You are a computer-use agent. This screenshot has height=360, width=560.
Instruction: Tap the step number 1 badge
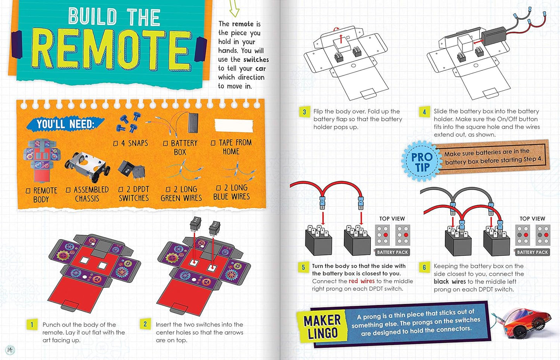click(32, 325)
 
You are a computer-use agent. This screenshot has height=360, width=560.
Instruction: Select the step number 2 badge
click(145, 324)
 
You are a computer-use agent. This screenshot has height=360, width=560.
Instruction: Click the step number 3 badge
click(304, 112)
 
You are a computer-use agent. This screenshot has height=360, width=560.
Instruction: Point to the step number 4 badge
click(424, 112)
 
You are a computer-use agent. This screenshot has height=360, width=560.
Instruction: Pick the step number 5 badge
click(303, 267)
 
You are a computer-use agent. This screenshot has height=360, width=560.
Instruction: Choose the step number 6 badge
click(424, 267)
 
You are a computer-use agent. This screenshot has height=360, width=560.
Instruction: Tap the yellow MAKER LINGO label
click(322, 327)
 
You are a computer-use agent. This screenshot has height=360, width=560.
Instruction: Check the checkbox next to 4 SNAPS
click(115, 144)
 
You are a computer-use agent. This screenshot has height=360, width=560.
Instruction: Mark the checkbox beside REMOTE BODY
click(28, 191)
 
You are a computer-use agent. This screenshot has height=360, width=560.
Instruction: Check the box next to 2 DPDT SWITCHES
click(121, 189)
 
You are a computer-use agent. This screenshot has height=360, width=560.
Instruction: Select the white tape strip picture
click(233, 126)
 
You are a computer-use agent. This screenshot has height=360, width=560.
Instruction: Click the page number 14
click(10, 350)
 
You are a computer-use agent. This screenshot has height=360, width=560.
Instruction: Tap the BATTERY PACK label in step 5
click(392, 252)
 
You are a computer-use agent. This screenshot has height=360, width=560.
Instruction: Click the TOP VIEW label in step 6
click(532, 219)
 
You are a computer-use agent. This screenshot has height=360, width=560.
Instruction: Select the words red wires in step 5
click(362, 281)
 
